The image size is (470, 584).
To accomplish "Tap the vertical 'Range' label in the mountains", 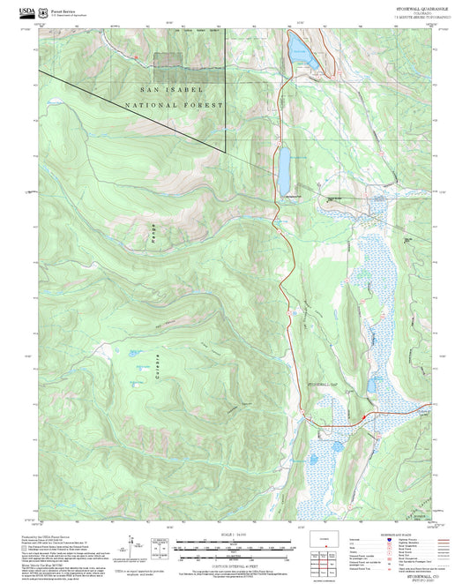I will pyautogui.click(x=152, y=234).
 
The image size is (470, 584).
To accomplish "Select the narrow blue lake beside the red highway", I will pyautogui.click(x=285, y=163).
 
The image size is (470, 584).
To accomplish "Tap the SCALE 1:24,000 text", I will pyautogui.click(x=234, y=535).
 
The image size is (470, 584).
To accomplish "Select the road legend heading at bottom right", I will pyautogui.click(x=407, y=535).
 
